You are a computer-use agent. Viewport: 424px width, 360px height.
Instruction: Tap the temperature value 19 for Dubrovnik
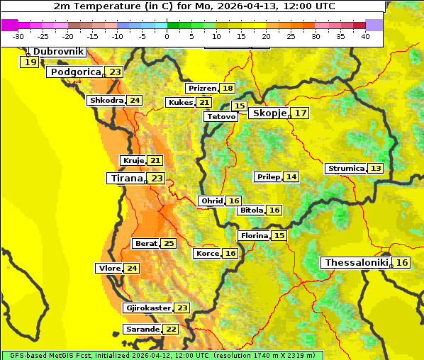tap(30, 62)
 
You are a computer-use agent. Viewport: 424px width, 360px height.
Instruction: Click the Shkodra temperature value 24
tap(135, 101)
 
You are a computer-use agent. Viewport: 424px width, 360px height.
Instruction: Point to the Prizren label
tap(202, 89)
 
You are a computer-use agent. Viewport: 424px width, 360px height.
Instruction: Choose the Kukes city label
tap(180, 103)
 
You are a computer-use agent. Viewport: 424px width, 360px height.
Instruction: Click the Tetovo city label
tap(221, 116)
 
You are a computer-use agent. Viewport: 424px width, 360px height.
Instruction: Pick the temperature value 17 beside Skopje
tap(301, 113)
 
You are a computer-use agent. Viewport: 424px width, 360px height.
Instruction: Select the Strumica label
tap(346, 169)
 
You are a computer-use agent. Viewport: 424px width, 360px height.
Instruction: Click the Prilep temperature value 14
tap(291, 176)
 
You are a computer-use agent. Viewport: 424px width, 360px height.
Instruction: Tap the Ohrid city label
tap(212, 201)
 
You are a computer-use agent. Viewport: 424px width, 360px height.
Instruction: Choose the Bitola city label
tap(252, 210)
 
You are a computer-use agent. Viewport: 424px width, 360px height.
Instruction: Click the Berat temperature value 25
tap(168, 244)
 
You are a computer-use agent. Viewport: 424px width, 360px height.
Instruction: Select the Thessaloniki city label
tap(357, 263)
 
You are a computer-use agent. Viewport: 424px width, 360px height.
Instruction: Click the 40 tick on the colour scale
tap(365, 36)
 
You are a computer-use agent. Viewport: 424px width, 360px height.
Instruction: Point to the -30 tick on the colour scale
tap(18, 36)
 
